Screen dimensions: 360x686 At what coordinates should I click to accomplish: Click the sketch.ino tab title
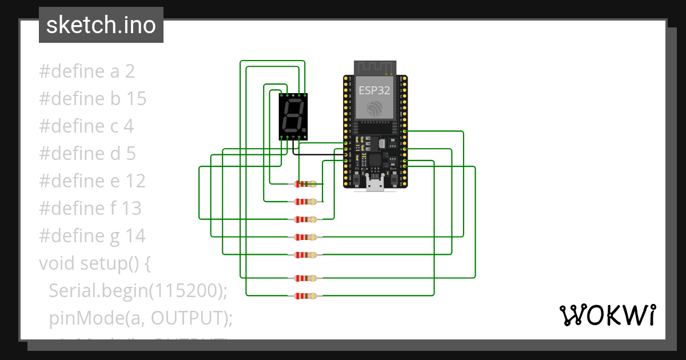point(101,25)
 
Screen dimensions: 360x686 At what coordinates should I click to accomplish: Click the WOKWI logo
point(607,315)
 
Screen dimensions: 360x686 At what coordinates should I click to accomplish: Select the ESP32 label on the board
point(375,90)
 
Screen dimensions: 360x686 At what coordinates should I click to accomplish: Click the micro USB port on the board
point(376,183)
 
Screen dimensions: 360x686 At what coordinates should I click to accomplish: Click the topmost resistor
point(305,184)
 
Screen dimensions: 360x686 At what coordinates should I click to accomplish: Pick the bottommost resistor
point(305,296)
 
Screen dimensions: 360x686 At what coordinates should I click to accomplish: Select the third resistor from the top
point(305,219)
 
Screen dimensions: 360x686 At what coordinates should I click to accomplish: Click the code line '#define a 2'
point(87,71)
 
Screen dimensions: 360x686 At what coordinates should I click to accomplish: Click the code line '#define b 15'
point(93,99)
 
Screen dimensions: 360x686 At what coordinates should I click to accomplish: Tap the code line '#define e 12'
point(93,181)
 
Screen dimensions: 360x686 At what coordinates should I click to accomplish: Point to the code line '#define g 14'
point(93,236)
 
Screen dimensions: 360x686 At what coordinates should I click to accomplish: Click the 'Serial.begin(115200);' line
point(138,291)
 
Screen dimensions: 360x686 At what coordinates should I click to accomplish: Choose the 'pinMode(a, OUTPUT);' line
point(141,318)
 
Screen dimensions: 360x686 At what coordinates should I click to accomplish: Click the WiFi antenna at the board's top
point(375,67)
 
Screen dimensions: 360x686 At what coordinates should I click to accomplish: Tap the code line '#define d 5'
point(87,154)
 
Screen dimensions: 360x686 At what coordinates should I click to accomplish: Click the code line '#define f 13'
point(90,209)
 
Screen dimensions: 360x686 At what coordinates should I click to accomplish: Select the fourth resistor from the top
point(305,237)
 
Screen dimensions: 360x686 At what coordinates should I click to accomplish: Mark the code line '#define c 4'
point(86,126)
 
